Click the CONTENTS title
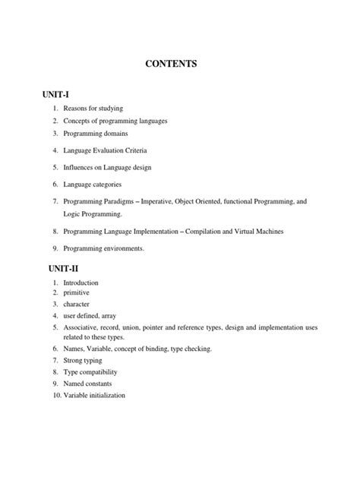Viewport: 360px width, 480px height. [x=180, y=65]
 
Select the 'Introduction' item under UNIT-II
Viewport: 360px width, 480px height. [x=81, y=283]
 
